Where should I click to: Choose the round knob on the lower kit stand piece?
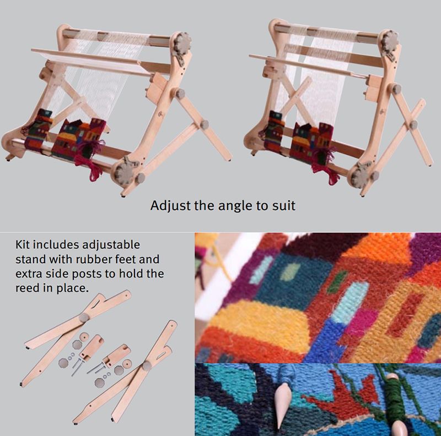(147, 366)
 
